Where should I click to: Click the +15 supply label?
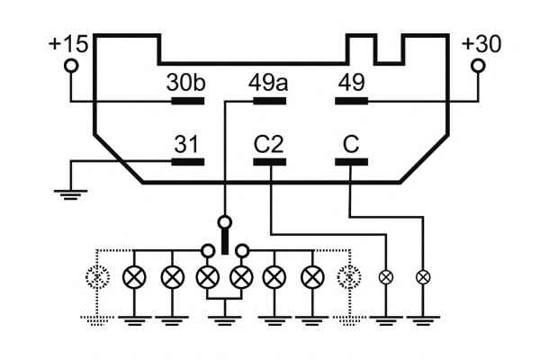coord(68,44)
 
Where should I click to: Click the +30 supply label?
coord(481,44)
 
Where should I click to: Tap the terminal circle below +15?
coord(71,66)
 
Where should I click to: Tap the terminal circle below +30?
coord(478,66)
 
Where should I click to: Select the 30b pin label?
coord(186,83)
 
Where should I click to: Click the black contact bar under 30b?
coord(188,101)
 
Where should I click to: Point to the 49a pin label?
coord(268,83)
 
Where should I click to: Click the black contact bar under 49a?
coord(270,101)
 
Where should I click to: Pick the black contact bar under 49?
coord(352,101)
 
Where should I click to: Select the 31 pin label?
coord(186,144)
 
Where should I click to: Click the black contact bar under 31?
coord(188,162)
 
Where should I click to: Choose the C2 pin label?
coord(268,144)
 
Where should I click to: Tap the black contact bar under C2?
coord(270,162)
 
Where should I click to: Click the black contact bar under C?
coord(352,162)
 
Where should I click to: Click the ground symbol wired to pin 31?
coord(70,194)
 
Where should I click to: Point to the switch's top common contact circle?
coord(225,222)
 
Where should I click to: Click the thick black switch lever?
coord(225,241)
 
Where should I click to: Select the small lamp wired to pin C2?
coord(386,277)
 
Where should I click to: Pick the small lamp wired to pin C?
coord(423,277)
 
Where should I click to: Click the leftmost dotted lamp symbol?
coord(97,277)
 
